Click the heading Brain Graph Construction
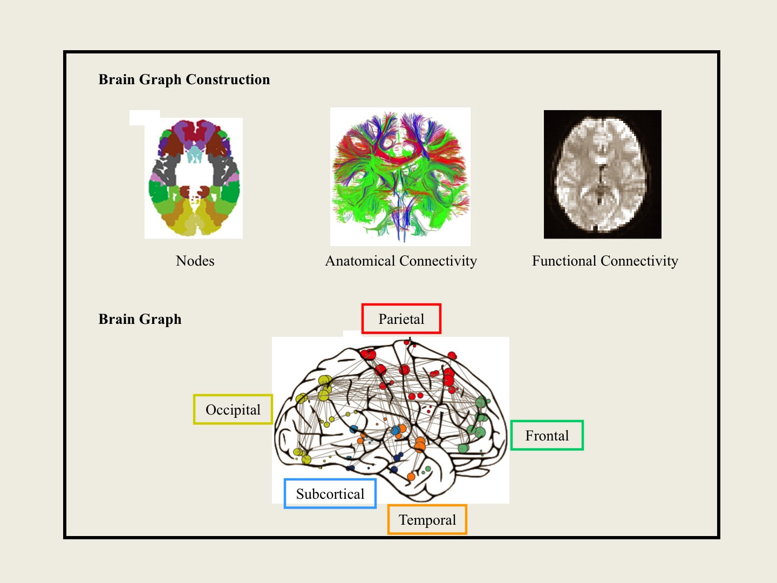point(184,79)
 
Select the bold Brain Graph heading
point(140,319)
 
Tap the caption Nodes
point(195,261)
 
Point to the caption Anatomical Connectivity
point(401,261)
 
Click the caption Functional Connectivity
point(605,261)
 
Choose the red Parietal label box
point(401,318)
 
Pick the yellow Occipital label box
point(233,409)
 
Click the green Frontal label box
point(547,435)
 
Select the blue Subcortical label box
point(330,493)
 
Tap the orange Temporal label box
point(427,519)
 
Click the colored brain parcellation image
point(194,178)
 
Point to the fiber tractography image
point(400,177)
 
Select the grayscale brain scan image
point(602,174)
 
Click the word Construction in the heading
point(228,79)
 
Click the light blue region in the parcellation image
point(194,155)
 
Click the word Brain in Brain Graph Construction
point(117,79)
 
